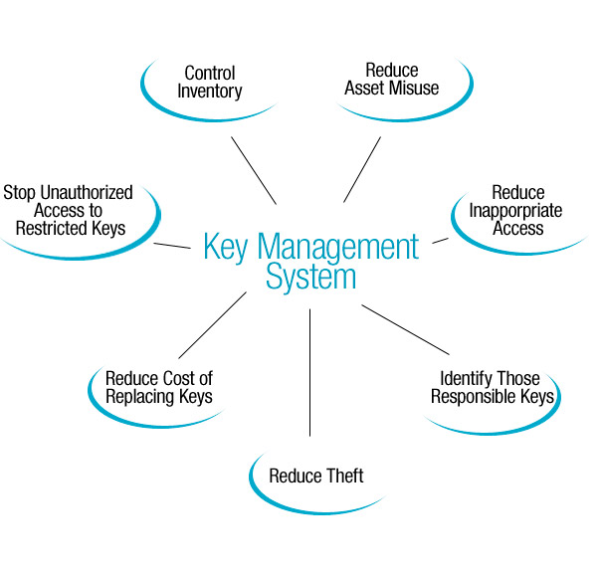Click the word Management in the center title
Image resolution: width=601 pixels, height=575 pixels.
pyautogui.click(x=339, y=246)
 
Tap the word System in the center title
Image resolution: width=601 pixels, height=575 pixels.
pyautogui.click(x=310, y=276)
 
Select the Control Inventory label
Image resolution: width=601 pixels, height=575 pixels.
pyautogui.click(x=209, y=82)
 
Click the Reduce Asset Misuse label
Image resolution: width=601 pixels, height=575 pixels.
pyautogui.click(x=391, y=79)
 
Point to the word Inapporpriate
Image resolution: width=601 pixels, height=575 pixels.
pyautogui.click(x=516, y=210)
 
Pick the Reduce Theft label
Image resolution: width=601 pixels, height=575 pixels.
pyautogui.click(x=316, y=475)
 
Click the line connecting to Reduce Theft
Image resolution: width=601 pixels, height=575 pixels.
pyautogui.click(x=310, y=373)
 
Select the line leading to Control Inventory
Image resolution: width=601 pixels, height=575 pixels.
pyautogui.click(x=254, y=169)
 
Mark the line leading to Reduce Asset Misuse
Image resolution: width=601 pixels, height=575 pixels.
pyautogui.click(x=362, y=169)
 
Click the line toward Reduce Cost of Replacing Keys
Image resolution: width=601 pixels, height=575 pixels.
pyautogui.click(x=212, y=325)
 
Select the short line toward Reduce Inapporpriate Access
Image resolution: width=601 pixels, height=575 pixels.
pyautogui.click(x=440, y=239)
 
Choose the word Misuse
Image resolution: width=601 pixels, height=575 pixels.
pyautogui.click(x=416, y=88)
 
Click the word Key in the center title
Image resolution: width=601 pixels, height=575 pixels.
pyautogui.click(x=225, y=246)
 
